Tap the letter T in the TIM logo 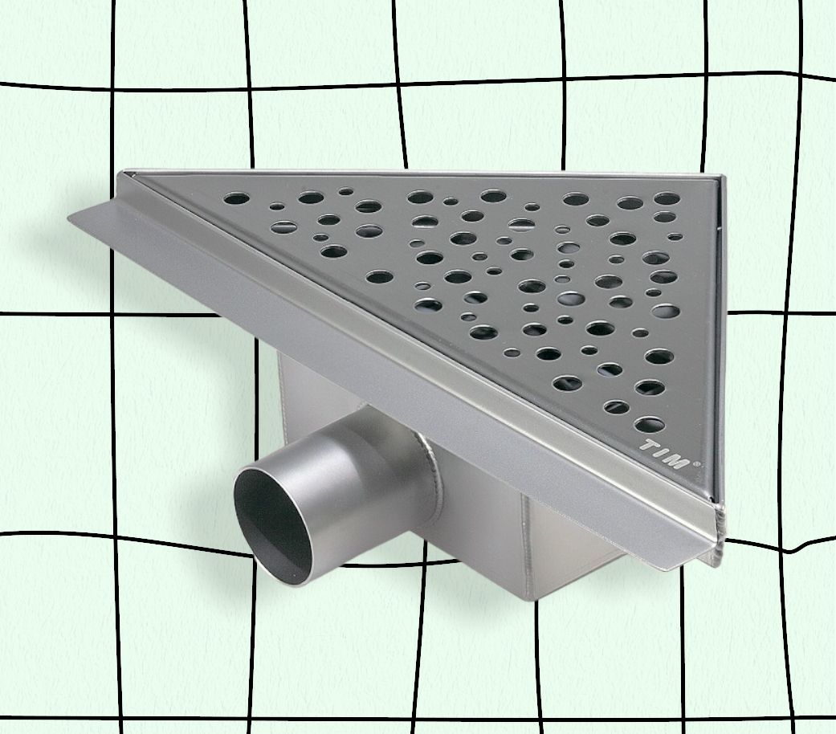pos(650,446)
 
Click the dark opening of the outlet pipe pos(272,523)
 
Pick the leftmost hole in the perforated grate pos(236,199)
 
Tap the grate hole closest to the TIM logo pos(650,425)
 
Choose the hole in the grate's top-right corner pos(667,199)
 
